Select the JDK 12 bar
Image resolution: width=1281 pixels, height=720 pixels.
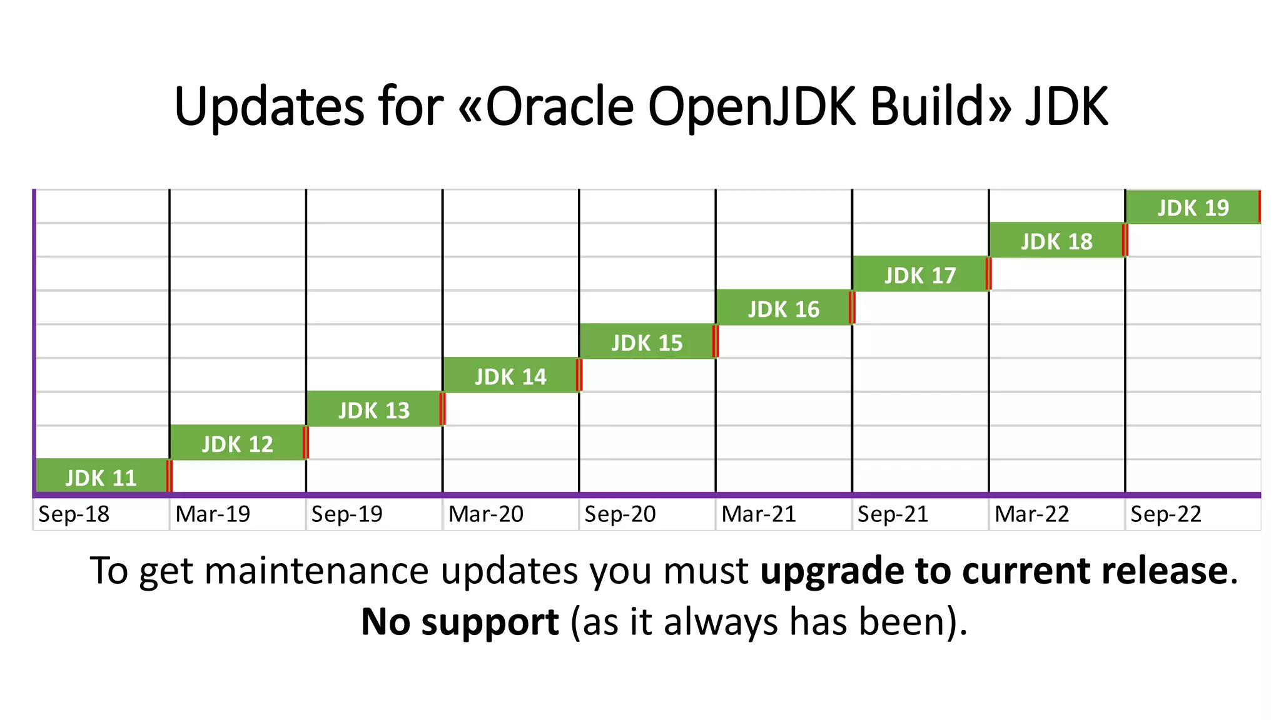tap(238, 442)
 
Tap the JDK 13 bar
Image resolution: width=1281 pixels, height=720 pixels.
tap(374, 409)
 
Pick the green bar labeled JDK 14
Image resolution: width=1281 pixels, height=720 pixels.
tap(510, 375)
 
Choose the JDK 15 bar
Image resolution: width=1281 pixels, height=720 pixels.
tap(647, 341)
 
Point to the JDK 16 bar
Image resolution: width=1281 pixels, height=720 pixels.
tap(783, 307)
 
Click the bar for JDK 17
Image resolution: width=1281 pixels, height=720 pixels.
tap(919, 274)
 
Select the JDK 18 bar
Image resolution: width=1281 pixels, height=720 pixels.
tap(1056, 240)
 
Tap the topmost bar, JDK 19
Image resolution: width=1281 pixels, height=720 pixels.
tap(1192, 206)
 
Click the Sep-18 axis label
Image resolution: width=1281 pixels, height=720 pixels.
tap(74, 514)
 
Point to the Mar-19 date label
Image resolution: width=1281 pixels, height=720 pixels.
tap(213, 514)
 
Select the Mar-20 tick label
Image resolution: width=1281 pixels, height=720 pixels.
tap(486, 514)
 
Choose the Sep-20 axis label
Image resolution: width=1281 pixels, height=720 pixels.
tap(620, 514)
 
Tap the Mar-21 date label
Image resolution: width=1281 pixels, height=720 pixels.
tap(759, 514)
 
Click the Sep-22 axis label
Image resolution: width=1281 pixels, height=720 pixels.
tap(1166, 514)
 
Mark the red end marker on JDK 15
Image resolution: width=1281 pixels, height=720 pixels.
tap(716, 341)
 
